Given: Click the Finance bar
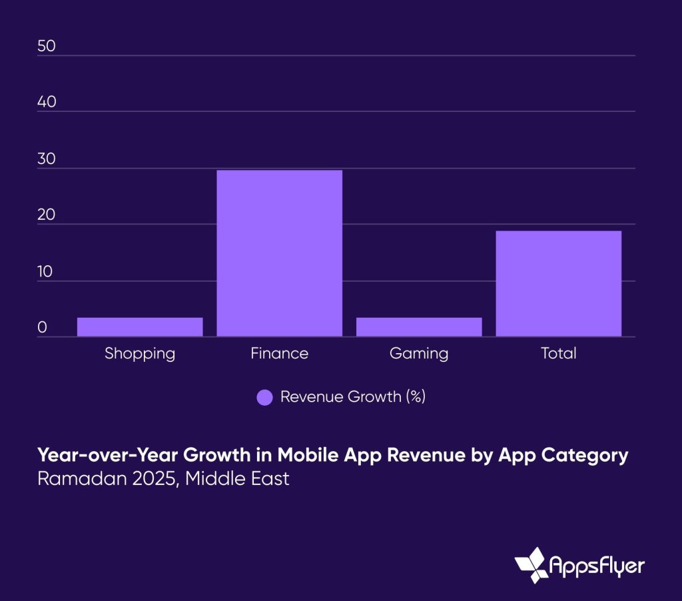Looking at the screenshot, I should point(279,253).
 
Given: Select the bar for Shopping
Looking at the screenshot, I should point(140,326).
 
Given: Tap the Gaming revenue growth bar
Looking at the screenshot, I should point(419,326).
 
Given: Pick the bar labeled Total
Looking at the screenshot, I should point(558,283).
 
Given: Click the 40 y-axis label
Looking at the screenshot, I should point(46,104).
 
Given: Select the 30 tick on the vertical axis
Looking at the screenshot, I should point(46,160).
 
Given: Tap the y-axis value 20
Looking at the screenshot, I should point(46,216).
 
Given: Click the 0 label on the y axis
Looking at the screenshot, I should point(42,328).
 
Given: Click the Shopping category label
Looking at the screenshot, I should point(140,353).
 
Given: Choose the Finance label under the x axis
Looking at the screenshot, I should point(279,353).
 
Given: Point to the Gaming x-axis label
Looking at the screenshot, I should point(419,353).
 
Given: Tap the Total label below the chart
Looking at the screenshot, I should point(558,353).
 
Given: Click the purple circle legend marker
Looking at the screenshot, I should point(264,398).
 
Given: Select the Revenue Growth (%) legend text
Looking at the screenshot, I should point(352,397).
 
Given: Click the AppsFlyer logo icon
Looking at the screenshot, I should point(531,565).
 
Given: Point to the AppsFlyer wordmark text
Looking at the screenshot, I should point(597,566).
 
